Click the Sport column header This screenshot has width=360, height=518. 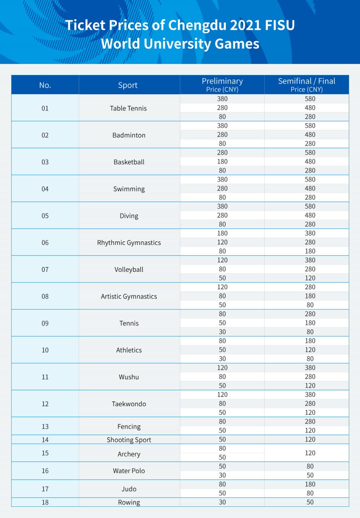[128, 85]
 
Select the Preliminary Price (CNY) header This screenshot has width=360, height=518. [222, 85]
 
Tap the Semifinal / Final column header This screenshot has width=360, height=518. [306, 85]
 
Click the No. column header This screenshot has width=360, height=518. [45, 85]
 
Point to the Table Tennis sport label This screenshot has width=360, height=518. [128, 108]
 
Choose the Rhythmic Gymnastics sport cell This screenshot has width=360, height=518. [129, 243]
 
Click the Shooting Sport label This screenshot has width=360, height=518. [129, 440]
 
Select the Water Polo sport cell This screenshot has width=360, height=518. [129, 471]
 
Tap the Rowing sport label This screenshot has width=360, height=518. [129, 503]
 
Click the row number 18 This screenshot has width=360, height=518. [45, 502]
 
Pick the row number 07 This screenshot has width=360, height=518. [45, 269]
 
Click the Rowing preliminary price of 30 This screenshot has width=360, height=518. [222, 502]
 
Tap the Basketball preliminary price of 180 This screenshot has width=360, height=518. [222, 162]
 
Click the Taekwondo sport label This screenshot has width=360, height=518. [129, 404]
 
